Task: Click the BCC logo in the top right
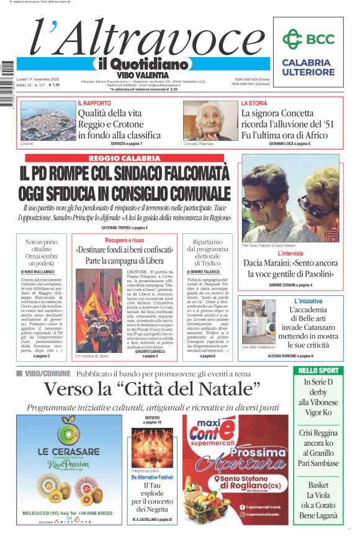point(308,39)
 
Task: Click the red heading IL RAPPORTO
point(94,103)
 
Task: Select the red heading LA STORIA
point(254,103)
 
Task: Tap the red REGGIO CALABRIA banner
point(124,158)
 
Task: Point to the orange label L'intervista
point(290,254)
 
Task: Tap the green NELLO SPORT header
point(318,370)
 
